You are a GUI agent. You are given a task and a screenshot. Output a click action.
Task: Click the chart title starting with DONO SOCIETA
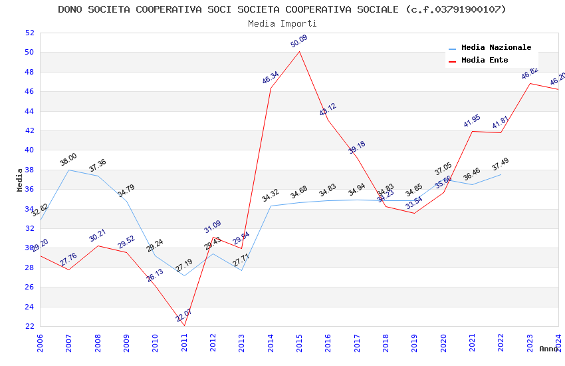point(282,9)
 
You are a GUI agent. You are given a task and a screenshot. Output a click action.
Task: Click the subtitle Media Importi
point(282,23)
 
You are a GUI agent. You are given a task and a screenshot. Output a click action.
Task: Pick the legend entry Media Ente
point(485,60)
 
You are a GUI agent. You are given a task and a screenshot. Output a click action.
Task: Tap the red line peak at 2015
point(299,51)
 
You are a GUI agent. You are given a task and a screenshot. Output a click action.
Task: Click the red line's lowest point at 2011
point(184,325)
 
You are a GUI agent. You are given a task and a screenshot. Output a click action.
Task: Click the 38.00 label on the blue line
point(68,160)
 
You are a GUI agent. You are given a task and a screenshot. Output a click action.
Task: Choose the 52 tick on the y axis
point(29,33)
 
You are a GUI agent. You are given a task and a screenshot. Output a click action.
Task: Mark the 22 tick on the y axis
point(29,326)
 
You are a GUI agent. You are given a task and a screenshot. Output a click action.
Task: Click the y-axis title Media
point(20,180)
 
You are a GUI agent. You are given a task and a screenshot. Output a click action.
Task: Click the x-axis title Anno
point(548,349)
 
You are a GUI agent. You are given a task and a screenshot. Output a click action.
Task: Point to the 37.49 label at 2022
point(501,164)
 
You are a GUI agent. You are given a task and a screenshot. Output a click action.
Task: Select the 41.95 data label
point(472,120)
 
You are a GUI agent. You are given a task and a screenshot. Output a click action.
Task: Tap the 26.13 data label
point(155,275)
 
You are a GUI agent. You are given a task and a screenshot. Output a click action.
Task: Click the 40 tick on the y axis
point(29,150)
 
